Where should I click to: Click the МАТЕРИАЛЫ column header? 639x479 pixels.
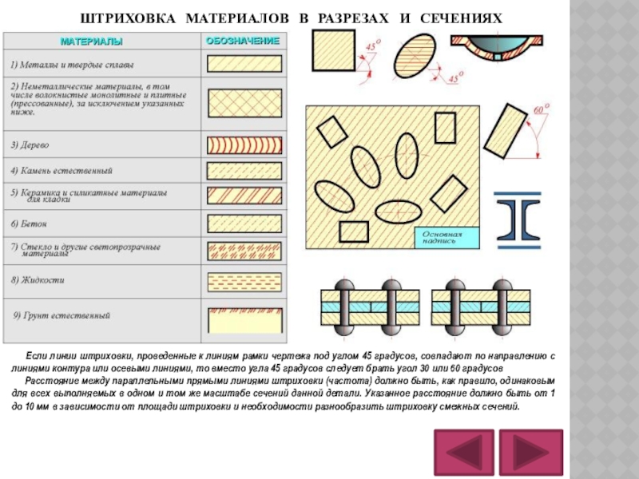tap(100, 40)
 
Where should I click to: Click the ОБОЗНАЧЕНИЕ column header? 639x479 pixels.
tap(243, 40)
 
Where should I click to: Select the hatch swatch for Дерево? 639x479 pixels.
tap(244, 144)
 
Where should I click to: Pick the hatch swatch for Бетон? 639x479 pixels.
tap(244, 223)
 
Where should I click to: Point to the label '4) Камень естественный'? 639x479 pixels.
tap(62, 171)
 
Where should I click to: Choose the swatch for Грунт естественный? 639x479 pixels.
tap(244, 319)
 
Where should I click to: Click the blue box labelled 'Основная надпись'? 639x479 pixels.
tap(447, 237)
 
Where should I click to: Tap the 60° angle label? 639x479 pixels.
tap(541, 109)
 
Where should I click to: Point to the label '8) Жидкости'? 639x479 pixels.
tap(38, 281)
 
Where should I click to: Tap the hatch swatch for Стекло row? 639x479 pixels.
tap(244, 250)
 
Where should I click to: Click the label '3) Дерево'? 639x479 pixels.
tap(30, 145)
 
